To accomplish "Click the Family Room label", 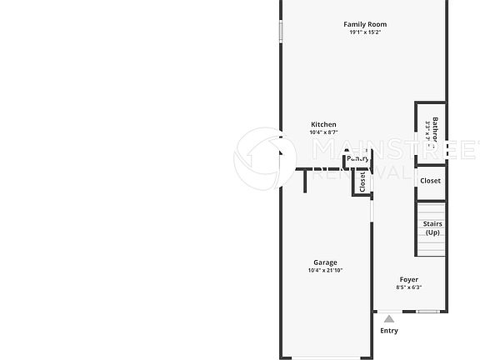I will [365, 24].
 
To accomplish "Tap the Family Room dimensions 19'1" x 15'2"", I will [365, 32].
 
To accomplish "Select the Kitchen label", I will [323, 125].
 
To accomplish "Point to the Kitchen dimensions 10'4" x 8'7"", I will [323, 132].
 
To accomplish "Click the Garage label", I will [325, 262].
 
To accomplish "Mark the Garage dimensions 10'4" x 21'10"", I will [325, 270].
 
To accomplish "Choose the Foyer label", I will [408, 280].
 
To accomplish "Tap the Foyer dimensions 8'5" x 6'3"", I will [408, 287].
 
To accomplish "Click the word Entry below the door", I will [389, 331].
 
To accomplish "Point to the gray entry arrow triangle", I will [389, 317].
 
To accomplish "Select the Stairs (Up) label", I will [432, 228].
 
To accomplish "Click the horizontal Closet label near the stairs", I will [431, 181].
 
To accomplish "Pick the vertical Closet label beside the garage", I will [362, 181].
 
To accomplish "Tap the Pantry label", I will [358, 157].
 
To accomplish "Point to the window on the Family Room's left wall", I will [281, 31].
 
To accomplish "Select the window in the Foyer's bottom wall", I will [428, 312].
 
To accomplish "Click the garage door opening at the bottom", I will [327, 357].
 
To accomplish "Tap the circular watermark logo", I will [265, 157].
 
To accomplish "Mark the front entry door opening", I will [389, 312].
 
